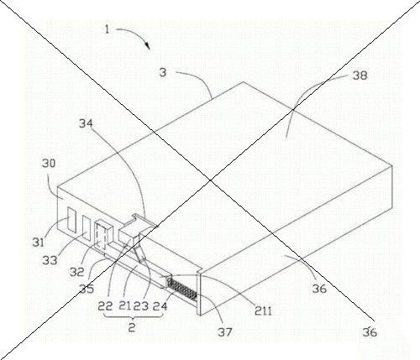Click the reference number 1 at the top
coord(107,29)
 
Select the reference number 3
coord(163,72)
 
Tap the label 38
coord(360,76)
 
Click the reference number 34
coord(86,123)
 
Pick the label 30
coord(49,164)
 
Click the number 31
coord(39,242)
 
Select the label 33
coord(50,260)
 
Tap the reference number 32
coord(77,272)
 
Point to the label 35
coord(87,289)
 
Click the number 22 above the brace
coord(105,306)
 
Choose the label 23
coord(141,306)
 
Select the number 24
coord(160,306)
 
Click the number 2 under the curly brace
coord(132,327)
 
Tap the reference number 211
coord(263,310)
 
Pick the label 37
coord(225,332)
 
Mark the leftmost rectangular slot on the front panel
coord(71,220)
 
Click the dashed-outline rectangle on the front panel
coord(101,236)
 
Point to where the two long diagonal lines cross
coord(210,180)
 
